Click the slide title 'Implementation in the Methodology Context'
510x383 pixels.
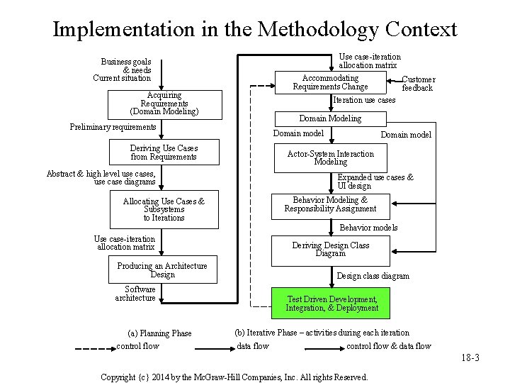coord(255,30)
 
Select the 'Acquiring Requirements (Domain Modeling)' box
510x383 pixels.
coord(164,104)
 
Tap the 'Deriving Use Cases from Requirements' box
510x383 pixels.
coord(164,152)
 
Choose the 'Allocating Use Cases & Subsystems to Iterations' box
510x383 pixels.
coord(164,210)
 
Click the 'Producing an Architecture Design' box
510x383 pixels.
coord(162,270)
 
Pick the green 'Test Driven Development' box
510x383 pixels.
coord(331,304)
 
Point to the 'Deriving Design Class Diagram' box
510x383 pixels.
coord(331,250)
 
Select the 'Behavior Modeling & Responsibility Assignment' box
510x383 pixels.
coord(331,204)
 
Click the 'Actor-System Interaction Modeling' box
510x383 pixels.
coord(331,157)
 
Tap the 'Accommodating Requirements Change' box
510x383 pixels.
coord(330,82)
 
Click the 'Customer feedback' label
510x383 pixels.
coord(418,84)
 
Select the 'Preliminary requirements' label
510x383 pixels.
coord(113,127)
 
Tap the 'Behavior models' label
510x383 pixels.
coord(368,228)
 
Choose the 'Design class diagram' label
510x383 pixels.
coord(373,276)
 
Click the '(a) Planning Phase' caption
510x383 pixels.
coord(159,333)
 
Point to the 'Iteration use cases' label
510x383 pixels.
coord(363,101)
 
